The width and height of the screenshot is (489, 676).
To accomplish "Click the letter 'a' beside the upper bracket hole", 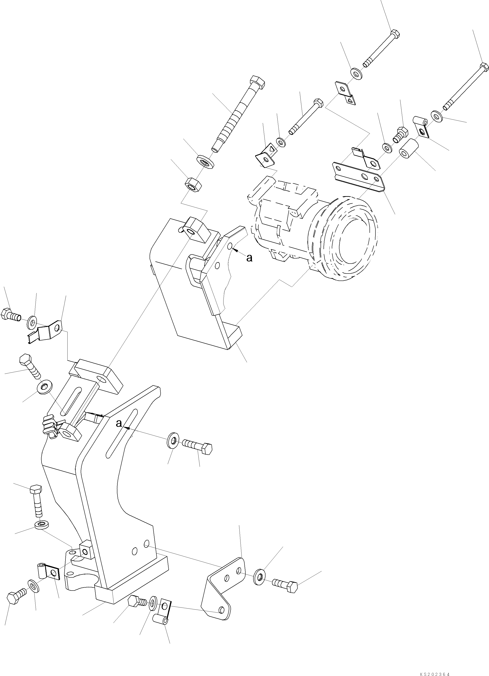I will pos(249,258).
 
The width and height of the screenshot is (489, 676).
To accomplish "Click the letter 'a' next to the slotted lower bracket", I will pos(119,423).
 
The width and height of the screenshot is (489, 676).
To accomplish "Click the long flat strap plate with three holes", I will pos(357,176).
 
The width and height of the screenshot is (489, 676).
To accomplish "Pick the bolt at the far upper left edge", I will pos(10,315).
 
